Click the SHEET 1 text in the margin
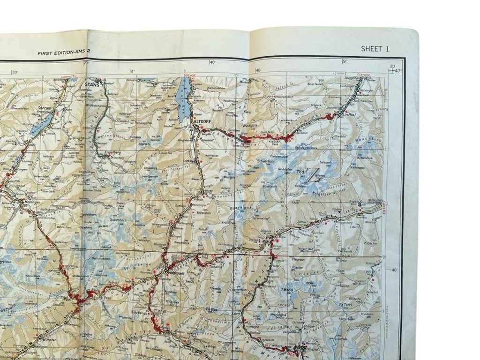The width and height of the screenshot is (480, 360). [x=375, y=48]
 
